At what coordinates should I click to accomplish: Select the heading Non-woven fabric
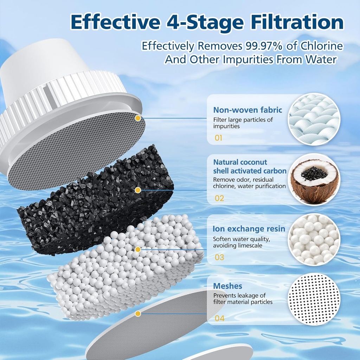point(247,110)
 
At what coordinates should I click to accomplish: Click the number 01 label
point(218,138)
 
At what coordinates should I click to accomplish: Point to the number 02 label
point(219,198)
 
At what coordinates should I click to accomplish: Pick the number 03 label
point(219,257)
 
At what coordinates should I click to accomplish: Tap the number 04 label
point(219,319)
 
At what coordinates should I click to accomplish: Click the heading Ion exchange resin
point(249,229)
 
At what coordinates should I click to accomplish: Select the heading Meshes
point(227,286)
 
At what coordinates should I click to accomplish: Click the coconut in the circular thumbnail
point(314,179)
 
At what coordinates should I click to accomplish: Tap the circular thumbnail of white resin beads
point(314,239)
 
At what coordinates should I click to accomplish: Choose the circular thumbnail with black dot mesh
point(314,299)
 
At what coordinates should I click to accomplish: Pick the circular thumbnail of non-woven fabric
point(314,119)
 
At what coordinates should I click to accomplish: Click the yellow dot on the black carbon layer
point(138,190)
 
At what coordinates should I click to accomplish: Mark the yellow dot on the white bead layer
point(138,249)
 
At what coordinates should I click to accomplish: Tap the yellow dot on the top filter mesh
point(138,118)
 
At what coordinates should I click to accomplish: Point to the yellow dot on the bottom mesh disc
point(138,313)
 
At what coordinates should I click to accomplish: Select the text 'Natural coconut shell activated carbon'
point(250,167)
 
